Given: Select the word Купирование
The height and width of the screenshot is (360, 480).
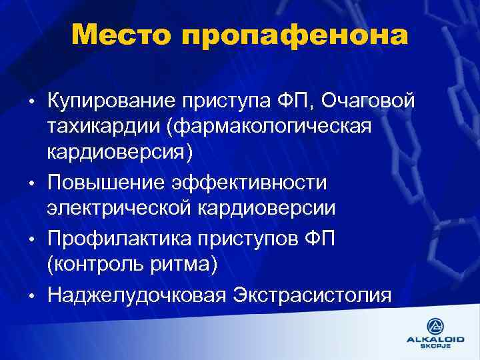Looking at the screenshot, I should click(x=107, y=101).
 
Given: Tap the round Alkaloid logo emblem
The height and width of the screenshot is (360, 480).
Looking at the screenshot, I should click(x=435, y=325).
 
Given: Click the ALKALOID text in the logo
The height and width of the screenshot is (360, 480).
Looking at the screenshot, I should click(x=435, y=339).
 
